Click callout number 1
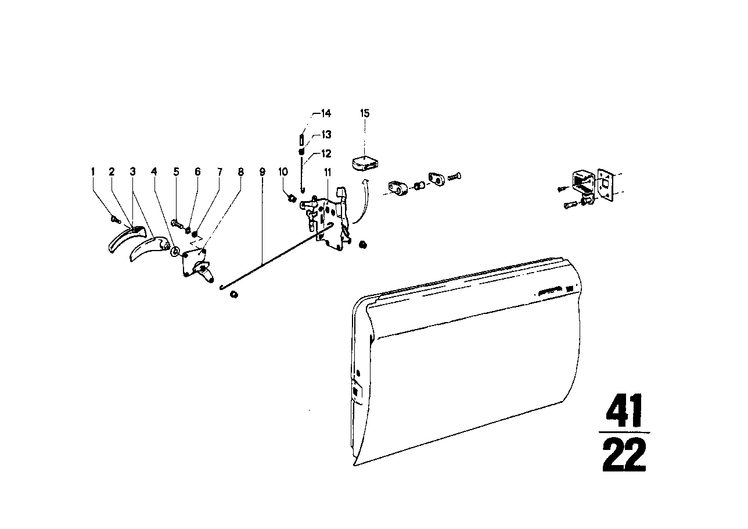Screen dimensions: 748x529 point(93,171)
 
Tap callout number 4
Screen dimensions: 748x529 point(154,171)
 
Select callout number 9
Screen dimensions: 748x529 point(262,172)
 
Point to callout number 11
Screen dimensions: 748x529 point(328,173)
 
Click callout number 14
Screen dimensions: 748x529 point(326,113)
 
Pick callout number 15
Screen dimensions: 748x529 point(365,113)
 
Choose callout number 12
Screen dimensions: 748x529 point(326,153)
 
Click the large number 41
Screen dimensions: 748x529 point(624,411)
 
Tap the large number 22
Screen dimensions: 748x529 point(624,455)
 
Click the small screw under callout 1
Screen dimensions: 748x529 point(115,220)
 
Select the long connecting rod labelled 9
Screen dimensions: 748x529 point(277,256)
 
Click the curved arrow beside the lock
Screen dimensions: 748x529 point(362,202)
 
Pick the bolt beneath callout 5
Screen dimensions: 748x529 point(177,223)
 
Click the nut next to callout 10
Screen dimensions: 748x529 point(292,198)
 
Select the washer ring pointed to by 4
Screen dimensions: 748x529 point(175,252)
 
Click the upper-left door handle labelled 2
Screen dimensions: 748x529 point(127,238)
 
